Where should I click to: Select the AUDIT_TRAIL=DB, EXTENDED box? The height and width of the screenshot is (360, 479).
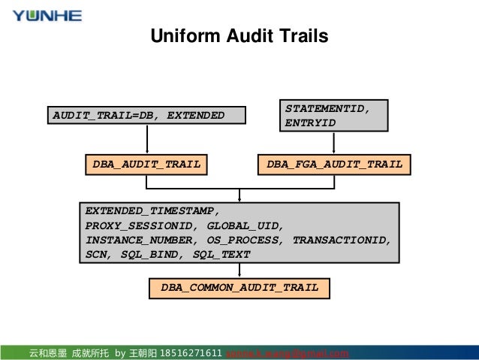coord(146,115)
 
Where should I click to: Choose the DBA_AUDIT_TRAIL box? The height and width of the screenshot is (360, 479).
coord(146,164)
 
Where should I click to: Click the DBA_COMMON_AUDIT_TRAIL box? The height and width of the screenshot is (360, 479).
coord(239,287)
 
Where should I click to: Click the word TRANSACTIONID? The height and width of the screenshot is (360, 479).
coord(342,240)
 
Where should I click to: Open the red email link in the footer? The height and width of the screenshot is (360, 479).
coord(288,353)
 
